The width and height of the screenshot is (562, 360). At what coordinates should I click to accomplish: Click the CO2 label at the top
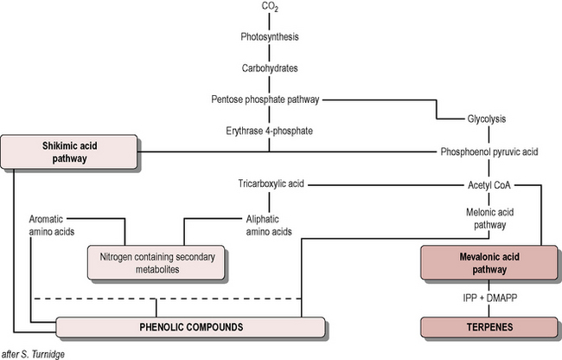pyautogui.click(x=270, y=8)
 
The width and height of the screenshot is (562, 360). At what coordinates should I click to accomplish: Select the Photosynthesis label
pyautogui.click(x=270, y=37)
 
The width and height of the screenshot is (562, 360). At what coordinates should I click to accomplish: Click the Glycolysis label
pyautogui.click(x=488, y=119)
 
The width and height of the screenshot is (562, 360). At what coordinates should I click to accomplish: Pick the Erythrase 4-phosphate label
pyautogui.click(x=270, y=131)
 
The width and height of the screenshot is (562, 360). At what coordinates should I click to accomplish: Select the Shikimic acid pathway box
pyautogui.click(x=68, y=151)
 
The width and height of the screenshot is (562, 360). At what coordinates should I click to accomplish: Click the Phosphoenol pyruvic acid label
pyautogui.click(x=489, y=151)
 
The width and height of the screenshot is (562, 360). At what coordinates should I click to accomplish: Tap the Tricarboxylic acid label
pyautogui.click(x=270, y=184)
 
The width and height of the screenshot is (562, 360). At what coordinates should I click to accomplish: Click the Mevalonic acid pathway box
pyautogui.click(x=489, y=263)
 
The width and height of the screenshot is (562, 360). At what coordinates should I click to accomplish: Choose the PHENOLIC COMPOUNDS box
pyautogui.click(x=191, y=327)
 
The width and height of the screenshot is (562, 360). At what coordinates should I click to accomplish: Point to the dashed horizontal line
pyautogui.click(x=164, y=299)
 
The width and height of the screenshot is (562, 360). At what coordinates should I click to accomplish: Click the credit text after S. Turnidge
pyautogui.click(x=33, y=353)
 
